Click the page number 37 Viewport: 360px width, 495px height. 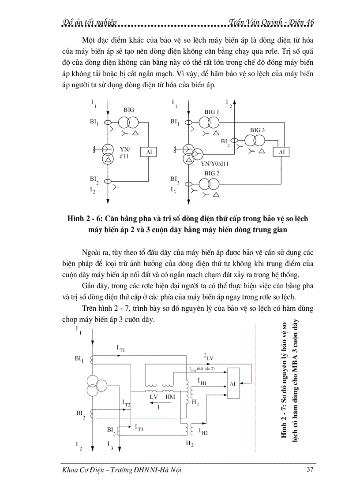coord(309,469)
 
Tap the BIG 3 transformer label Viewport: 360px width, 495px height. coord(258,130)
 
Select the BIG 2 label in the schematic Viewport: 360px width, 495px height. coord(212,173)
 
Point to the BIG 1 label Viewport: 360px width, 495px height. coord(212,112)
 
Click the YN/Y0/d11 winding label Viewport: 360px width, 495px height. coord(215,163)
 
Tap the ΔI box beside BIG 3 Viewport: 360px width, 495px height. coord(281,153)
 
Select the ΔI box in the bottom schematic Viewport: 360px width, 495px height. coord(232,384)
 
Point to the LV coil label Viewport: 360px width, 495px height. coord(154,397)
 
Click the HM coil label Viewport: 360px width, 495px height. coord(169,397)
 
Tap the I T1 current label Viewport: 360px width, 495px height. coord(121,349)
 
